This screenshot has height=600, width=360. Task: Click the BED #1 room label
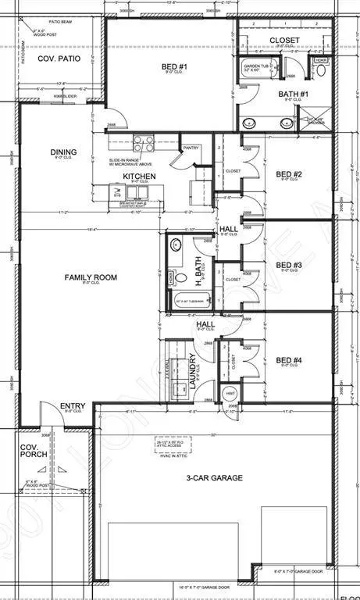point(173,68)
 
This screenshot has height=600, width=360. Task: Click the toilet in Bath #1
point(321,70)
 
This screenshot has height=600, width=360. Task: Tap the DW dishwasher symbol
point(116,191)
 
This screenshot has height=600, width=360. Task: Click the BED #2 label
point(288,173)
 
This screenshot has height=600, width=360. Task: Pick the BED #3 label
point(288,265)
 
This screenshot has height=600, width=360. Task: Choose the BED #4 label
point(288,360)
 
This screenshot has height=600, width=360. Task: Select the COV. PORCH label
point(33,453)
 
